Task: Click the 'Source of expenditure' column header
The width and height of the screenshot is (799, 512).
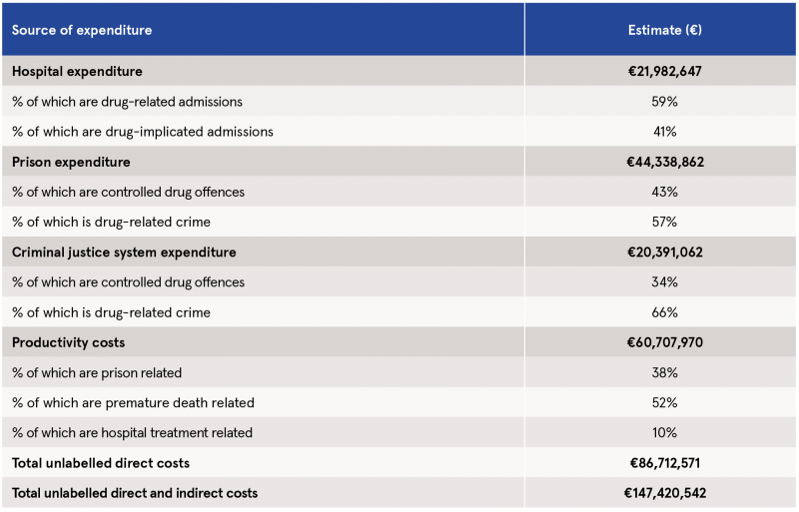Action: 82,30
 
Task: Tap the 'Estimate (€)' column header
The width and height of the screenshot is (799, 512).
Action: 664,30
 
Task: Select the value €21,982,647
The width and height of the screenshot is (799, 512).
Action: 664,71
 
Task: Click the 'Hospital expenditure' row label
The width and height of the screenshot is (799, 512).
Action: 77,71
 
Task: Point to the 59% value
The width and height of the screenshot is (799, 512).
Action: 664,102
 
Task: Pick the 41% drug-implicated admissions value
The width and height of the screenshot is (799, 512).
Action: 664,132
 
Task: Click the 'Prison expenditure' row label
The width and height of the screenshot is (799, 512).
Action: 71,162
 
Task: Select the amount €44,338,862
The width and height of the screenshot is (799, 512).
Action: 665,162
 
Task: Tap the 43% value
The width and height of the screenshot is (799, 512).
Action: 664,192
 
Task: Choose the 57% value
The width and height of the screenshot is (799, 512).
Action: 664,223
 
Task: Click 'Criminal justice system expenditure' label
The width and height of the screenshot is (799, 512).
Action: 124,253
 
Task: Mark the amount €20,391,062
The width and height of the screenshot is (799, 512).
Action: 665,253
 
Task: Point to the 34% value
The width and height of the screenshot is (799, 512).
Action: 664,282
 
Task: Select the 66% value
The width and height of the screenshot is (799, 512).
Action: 664,312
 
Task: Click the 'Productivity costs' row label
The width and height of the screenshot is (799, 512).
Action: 68,342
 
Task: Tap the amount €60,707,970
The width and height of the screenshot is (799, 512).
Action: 665,342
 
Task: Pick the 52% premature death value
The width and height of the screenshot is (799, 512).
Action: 664,403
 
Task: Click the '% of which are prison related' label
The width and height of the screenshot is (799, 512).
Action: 97,373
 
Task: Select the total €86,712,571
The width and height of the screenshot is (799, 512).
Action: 665,463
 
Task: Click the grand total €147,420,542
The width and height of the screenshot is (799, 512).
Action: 665,493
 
